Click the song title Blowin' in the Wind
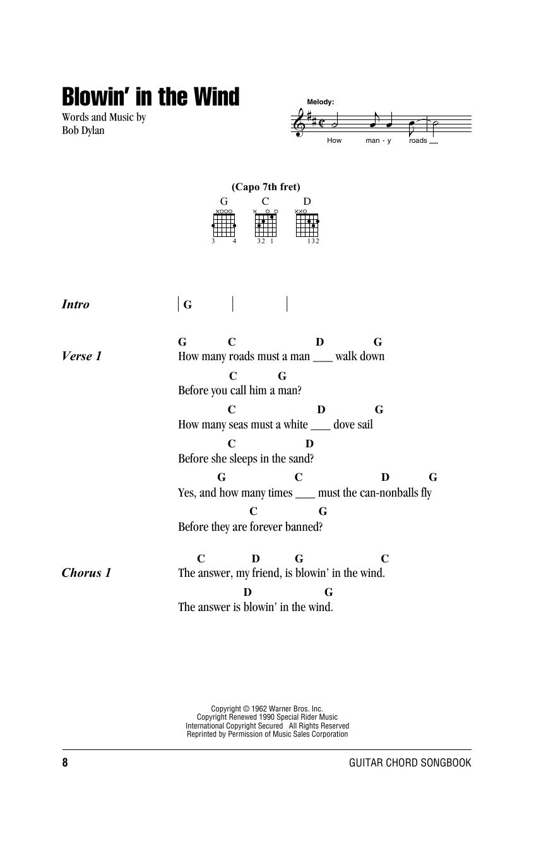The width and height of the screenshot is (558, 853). [x=150, y=97]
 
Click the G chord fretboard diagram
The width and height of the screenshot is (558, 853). [x=223, y=225]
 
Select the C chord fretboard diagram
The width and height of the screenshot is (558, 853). [x=266, y=225]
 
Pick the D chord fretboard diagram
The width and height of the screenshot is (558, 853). [x=307, y=225]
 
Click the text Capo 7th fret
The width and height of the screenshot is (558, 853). [x=266, y=186]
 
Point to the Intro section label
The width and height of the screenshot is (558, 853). [x=76, y=305]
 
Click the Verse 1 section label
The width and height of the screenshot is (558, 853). [x=81, y=356]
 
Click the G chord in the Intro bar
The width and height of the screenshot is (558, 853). [x=187, y=305]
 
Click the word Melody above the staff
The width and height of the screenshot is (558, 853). [x=320, y=102]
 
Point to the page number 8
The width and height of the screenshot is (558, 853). [x=65, y=763]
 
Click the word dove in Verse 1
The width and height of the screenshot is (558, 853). [x=344, y=425]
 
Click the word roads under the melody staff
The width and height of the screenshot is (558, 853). [x=418, y=140]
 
